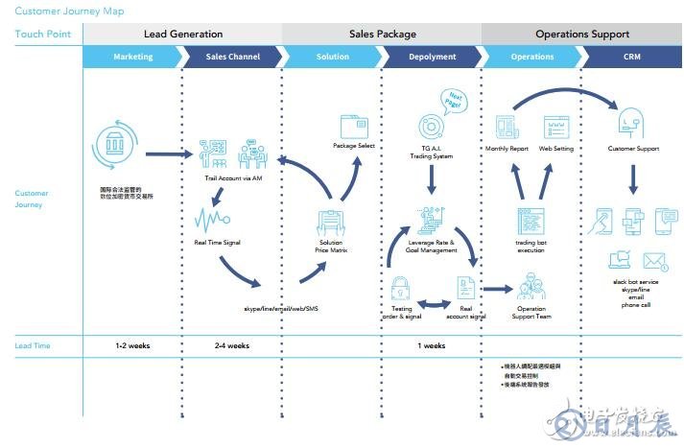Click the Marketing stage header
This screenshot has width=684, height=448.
[132, 57]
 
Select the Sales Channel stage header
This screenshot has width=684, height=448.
[232, 57]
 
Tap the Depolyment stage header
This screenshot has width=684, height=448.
[432, 57]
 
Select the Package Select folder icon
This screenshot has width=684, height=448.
[353, 126]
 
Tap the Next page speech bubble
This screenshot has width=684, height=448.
[452, 99]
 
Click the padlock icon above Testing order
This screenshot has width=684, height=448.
[401, 288]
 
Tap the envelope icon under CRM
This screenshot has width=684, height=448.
[655, 261]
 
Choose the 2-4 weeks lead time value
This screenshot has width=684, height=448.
[232, 345]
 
